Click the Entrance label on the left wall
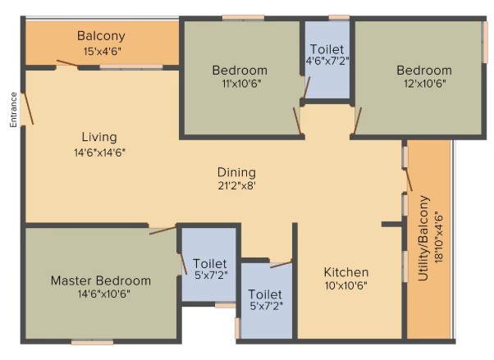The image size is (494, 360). pos(13,110)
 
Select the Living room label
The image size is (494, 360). pos(99,137)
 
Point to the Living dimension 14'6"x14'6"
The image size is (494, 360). pos(99,153)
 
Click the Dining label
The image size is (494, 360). pos(236,172)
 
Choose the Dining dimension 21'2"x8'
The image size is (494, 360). pos(236,186)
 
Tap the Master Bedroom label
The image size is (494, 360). pos(101,280)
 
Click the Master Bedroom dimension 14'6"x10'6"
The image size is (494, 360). pos(104,294)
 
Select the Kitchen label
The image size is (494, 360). pos(346,272)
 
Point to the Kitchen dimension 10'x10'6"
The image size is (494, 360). pos(346,285)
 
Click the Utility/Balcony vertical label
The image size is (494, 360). pos(423,238)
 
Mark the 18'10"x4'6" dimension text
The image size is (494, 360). pos(438,239)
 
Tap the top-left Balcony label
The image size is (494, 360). pos(101,36)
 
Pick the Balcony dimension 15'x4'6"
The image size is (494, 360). pos(103,52)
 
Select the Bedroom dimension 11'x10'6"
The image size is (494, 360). pos(241,84)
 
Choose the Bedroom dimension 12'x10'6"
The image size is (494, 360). pos(425,84)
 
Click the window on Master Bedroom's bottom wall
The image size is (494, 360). pos(92,342)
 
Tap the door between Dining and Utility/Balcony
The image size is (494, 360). pos(408,180)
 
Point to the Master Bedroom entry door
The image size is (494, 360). pos(162,230)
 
